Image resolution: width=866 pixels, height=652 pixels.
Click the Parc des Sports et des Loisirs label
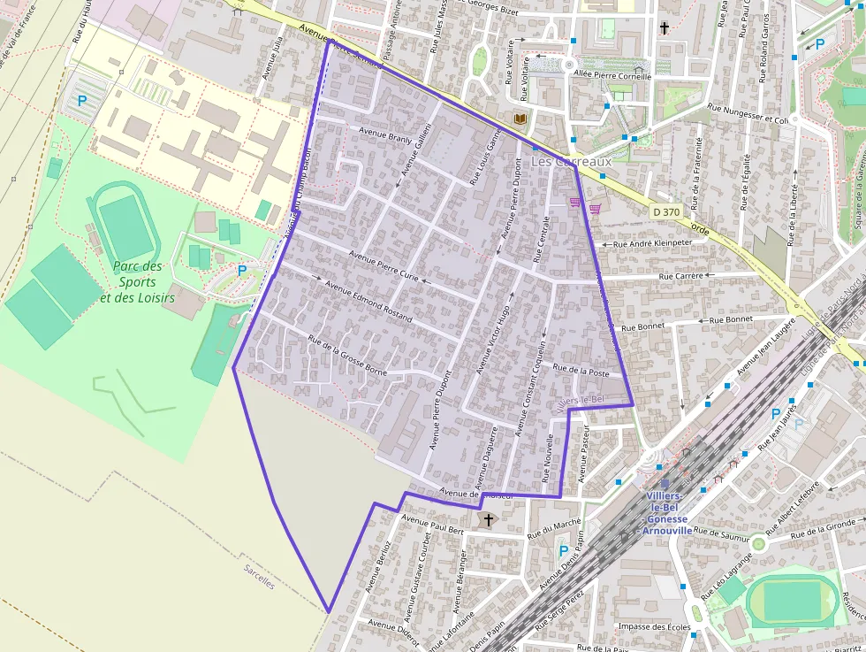click(138, 281)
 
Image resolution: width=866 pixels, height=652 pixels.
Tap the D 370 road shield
click(668, 212)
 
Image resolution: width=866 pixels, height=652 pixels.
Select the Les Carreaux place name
click(571, 163)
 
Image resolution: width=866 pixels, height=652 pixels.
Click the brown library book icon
click(520, 119)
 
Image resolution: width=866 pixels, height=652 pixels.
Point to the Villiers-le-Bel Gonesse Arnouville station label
click(669, 513)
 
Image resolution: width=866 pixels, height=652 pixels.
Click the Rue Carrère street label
click(680, 276)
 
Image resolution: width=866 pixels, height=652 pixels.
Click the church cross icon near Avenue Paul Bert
click(487, 520)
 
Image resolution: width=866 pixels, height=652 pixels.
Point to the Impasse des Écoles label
click(655, 627)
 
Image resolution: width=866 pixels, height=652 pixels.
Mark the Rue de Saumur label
click(720, 533)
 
